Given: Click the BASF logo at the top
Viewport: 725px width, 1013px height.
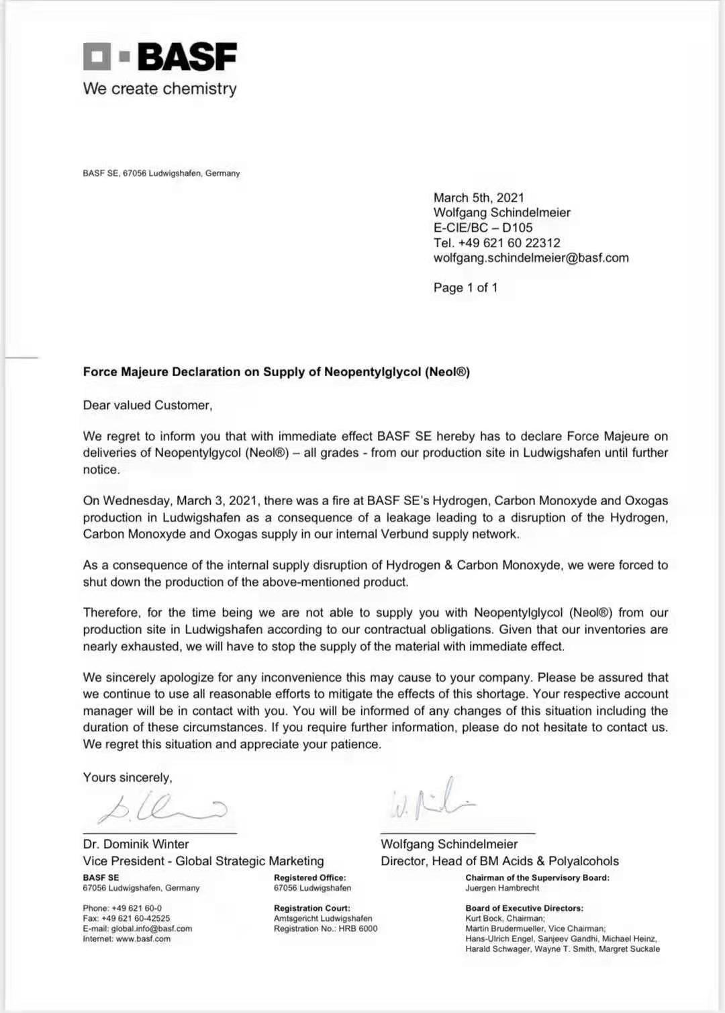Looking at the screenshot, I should click(x=160, y=56).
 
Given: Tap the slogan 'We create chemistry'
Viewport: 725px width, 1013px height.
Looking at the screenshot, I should click(x=160, y=89).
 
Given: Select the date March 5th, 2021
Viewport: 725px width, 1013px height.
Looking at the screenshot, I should click(x=479, y=197).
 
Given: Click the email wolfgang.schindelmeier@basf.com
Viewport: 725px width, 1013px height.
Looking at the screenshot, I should click(x=531, y=257).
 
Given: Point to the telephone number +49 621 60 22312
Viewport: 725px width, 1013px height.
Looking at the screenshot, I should click(x=509, y=243).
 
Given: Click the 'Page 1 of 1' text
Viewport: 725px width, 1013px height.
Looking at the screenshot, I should click(x=465, y=288).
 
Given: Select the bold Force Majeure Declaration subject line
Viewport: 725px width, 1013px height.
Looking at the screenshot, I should click(x=276, y=371).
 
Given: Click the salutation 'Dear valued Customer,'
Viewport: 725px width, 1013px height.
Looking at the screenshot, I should click(x=148, y=405).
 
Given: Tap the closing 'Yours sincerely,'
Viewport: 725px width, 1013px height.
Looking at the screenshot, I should click(x=128, y=777).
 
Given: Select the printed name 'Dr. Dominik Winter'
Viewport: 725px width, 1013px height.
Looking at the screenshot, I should click(x=136, y=844).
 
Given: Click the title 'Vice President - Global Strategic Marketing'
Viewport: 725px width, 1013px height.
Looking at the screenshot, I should click(x=203, y=861).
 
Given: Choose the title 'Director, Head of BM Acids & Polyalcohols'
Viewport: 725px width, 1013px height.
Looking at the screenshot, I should click(x=499, y=861).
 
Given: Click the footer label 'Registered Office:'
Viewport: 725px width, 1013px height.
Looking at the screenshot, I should click(x=309, y=877).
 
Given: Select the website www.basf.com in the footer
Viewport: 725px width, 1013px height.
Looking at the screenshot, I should click(x=143, y=938).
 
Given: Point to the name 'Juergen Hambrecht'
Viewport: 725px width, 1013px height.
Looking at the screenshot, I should click(x=502, y=887).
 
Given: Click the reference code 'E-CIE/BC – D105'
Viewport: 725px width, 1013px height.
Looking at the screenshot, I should click(x=483, y=227).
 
